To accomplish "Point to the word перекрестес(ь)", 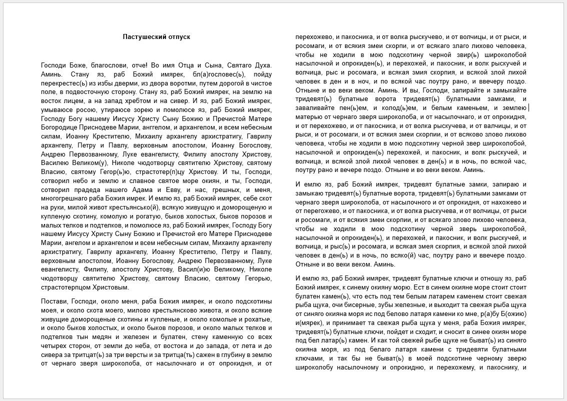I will [x=63, y=83].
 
